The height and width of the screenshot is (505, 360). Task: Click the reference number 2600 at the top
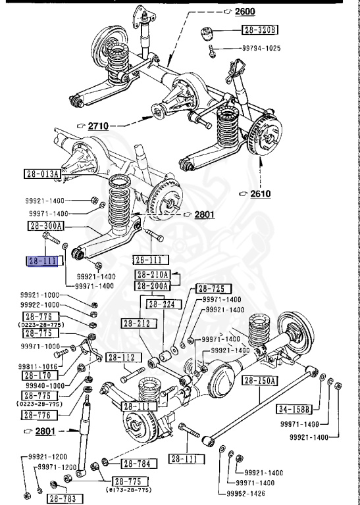click(x=244, y=11)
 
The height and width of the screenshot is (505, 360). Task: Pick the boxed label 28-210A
click(x=153, y=274)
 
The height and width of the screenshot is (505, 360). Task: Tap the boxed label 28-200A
click(x=153, y=285)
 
